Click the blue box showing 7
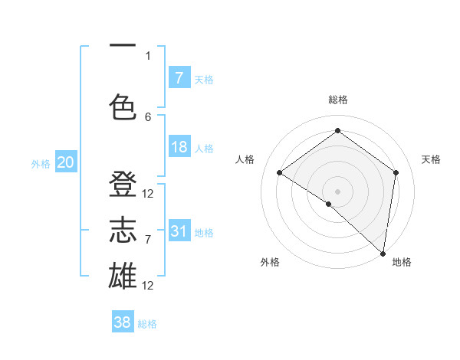tap(179, 77)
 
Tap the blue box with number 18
tap(179, 147)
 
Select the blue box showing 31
tap(179, 231)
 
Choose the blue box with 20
tap(66, 162)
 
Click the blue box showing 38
tap(123, 322)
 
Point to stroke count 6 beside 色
tap(148, 116)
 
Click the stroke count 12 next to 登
tap(148, 194)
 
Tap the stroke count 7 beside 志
tap(148, 240)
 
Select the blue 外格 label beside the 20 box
tap(40, 164)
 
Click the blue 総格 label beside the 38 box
tap(147, 324)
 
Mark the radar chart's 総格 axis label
tap(337, 100)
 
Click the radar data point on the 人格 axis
tap(280, 172)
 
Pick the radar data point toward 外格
tap(329, 204)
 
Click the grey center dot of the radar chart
tap(337, 191)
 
